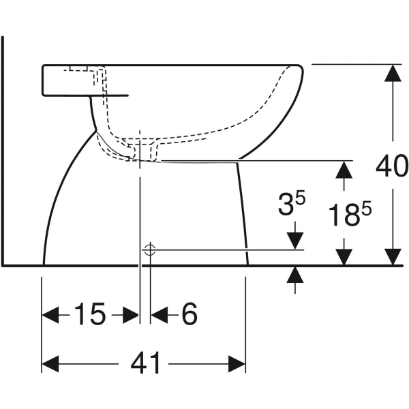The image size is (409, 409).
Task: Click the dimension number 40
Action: (x=392, y=166)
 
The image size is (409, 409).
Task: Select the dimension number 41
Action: (x=145, y=364)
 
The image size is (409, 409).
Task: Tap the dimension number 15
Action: (x=90, y=314)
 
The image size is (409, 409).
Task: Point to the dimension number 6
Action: (x=190, y=314)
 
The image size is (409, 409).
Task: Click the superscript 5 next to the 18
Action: (x=367, y=209)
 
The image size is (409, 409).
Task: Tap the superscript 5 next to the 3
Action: (x=300, y=198)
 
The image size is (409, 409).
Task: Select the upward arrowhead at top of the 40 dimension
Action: (x=393, y=73)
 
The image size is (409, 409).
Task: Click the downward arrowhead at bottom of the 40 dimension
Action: (x=393, y=257)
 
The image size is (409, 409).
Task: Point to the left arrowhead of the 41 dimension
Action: (x=50, y=364)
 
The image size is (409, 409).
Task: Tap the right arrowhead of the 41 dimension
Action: (x=237, y=364)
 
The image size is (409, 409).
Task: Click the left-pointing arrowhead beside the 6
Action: (x=159, y=315)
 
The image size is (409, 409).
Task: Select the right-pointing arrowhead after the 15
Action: (x=131, y=315)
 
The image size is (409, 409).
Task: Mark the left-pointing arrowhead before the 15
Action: (x=50, y=315)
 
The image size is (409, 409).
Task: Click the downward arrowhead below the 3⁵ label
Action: (x=295, y=241)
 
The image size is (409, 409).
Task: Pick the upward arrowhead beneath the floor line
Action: (x=295, y=275)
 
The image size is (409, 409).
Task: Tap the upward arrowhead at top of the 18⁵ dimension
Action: (x=344, y=170)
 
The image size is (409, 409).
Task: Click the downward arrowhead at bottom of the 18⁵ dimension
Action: (x=344, y=257)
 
